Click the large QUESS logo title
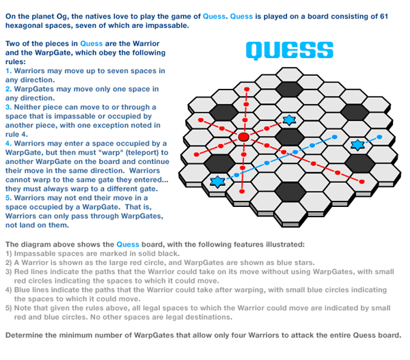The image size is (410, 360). [290, 50]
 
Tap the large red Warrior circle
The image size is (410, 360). [243, 138]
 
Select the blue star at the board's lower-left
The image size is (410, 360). [218, 181]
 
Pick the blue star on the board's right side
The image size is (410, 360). [357, 145]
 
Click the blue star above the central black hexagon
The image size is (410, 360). [289, 120]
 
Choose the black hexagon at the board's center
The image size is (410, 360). [289, 137]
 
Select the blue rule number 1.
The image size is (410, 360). [8, 70]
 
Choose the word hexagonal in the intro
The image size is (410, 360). [28, 26]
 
